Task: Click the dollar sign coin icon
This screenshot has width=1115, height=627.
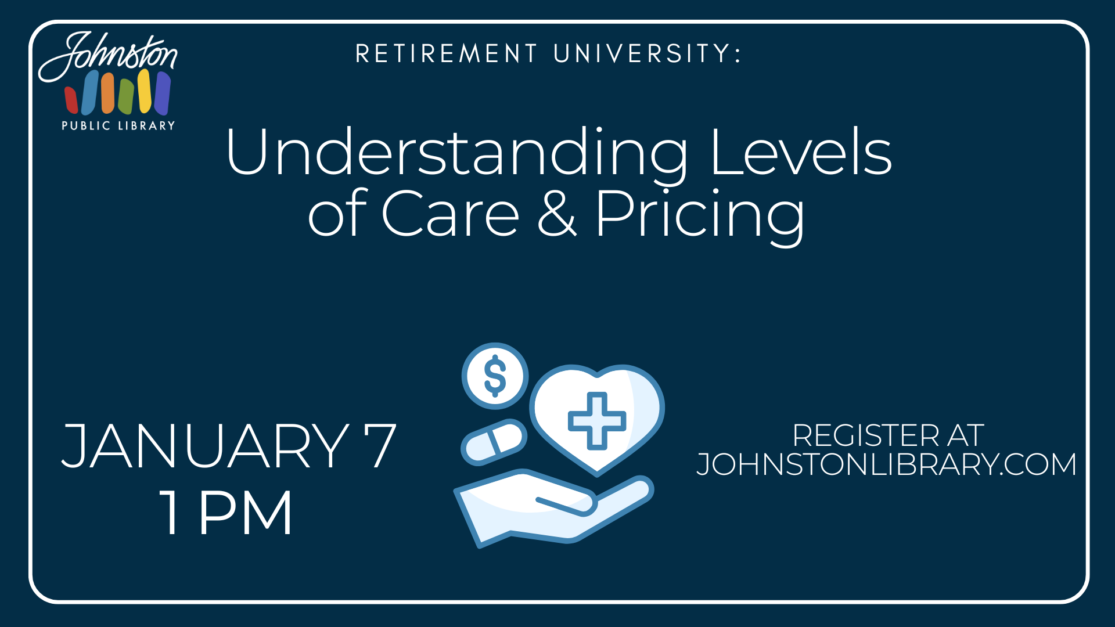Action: [495, 376]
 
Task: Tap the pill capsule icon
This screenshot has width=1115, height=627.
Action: [494, 442]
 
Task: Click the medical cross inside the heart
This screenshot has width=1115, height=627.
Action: [597, 421]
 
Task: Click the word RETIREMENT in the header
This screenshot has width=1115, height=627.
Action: [446, 54]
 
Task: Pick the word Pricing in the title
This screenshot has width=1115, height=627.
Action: [700, 215]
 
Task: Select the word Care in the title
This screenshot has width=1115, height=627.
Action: [450, 213]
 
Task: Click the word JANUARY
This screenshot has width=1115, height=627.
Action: [205, 446]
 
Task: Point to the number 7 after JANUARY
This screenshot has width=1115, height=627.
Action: [380, 446]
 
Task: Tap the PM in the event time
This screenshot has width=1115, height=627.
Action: [246, 512]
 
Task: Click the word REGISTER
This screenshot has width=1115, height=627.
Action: [865, 435]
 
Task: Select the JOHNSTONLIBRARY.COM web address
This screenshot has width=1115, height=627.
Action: [886, 464]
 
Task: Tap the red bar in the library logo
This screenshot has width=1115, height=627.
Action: [71, 100]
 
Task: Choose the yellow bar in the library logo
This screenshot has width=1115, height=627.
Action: [145, 91]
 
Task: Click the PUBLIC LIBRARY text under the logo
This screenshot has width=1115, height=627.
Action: [118, 125]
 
